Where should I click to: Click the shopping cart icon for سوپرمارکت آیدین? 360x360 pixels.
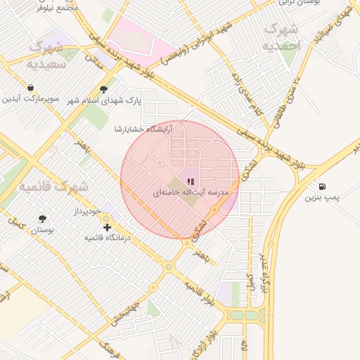click(31, 87)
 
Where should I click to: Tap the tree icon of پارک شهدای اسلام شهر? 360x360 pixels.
click(104, 89)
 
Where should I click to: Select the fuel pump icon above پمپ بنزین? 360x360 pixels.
click(322, 187)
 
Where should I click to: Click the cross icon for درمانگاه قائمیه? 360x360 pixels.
click(107, 227)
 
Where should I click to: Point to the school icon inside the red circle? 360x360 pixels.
click(191, 181)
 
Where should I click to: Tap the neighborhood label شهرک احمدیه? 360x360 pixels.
click(281, 37)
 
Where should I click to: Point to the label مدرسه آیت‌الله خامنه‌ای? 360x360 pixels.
click(190, 192)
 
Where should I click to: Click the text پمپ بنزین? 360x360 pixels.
click(321, 198)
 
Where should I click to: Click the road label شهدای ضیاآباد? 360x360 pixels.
click(334, 22)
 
